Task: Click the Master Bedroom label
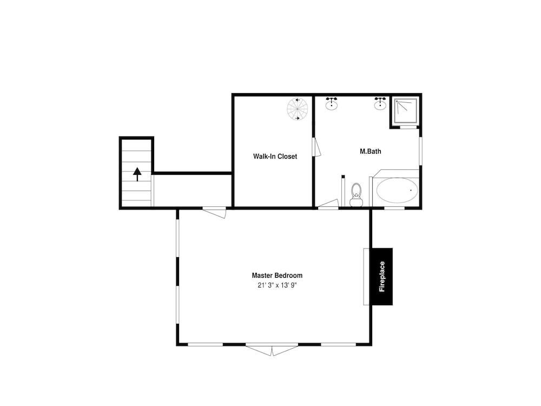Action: coord(277,276)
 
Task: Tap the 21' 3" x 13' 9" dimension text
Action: coord(277,285)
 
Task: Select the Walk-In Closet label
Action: coord(275,156)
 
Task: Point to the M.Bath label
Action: coord(370,151)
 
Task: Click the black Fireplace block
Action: coord(382,277)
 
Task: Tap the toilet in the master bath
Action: coord(356,195)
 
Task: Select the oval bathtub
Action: coord(397,190)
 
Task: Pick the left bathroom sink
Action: coord(332,103)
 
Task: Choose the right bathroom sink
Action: coord(380,103)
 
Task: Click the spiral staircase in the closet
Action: coord(298,109)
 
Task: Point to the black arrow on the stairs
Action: coord(137,174)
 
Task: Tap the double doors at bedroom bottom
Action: coord(272,349)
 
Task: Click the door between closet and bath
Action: coord(316,147)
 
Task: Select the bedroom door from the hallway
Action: coord(214,212)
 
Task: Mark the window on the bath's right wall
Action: coord(420,151)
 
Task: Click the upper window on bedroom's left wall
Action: coord(177,238)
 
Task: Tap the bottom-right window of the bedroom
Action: coord(339,344)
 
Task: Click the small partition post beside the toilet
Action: coord(343,191)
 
